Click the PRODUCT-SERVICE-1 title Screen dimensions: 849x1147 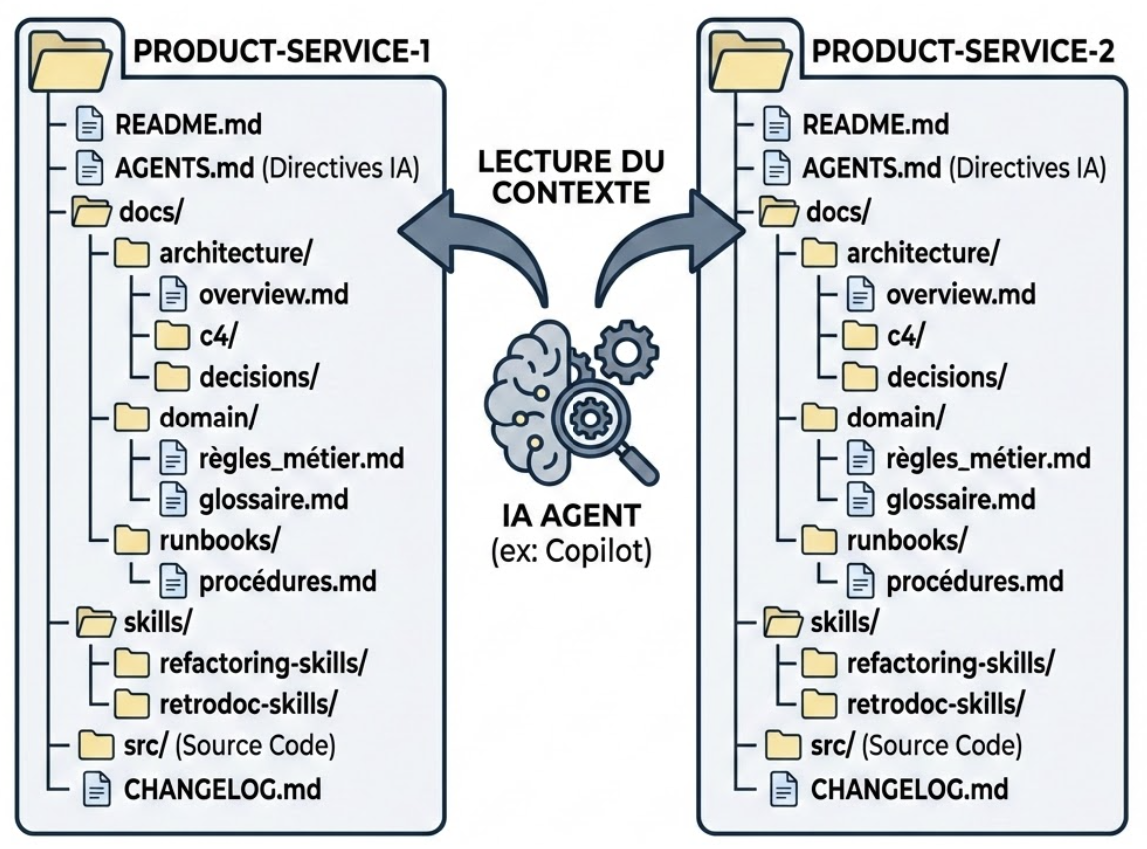coord(282,54)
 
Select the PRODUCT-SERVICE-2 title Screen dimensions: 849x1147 coord(961,54)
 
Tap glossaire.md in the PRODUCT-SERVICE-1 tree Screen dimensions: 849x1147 coord(273,498)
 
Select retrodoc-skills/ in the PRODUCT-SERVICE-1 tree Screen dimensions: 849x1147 coord(247,703)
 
